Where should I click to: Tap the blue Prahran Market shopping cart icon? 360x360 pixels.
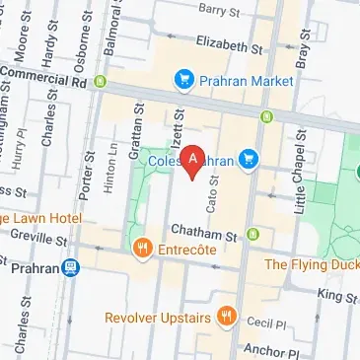tap(182, 77)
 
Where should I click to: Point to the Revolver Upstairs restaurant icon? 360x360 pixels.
tap(227, 317)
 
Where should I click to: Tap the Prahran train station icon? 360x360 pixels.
tap(71, 267)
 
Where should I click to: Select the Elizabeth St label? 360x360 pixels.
tap(230, 45)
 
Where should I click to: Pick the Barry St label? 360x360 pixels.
tap(219, 9)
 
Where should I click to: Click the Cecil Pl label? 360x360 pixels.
tap(264, 322)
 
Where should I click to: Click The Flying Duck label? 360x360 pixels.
tap(314, 263)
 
